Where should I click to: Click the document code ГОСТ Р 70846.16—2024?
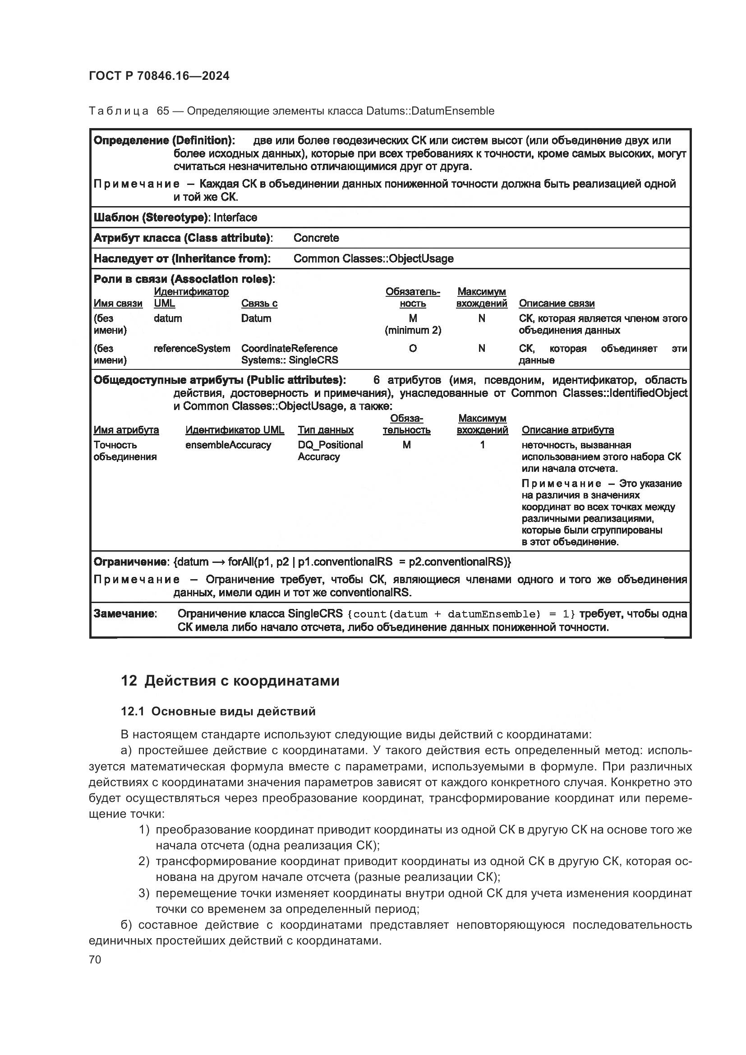pyautogui.click(x=159, y=76)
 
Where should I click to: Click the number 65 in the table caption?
pyautogui.click(x=163, y=111)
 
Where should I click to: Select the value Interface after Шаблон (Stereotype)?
pyautogui.click(x=235, y=217)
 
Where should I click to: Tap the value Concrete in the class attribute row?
pyautogui.click(x=316, y=238)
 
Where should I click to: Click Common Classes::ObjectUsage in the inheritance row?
pyautogui.click(x=373, y=258)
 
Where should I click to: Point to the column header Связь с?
pyautogui.click(x=259, y=303)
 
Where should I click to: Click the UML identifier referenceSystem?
pyautogui.click(x=192, y=348)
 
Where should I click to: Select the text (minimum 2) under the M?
pyautogui.click(x=413, y=330)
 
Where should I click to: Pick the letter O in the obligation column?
pyautogui.click(x=413, y=348)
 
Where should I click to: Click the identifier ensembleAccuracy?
pyautogui.click(x=228, y=445)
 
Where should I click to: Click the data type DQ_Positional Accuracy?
pyautogui.click(x=330, y=450)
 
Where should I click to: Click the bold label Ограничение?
pyautogui.click(x=130, y=562)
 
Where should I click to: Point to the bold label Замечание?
pyautogui.click(x=124, y=613)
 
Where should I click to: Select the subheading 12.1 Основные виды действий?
pyautogui.click(x=218, y=711)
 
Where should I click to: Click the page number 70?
pyautogui.click(x=95, y=959)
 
